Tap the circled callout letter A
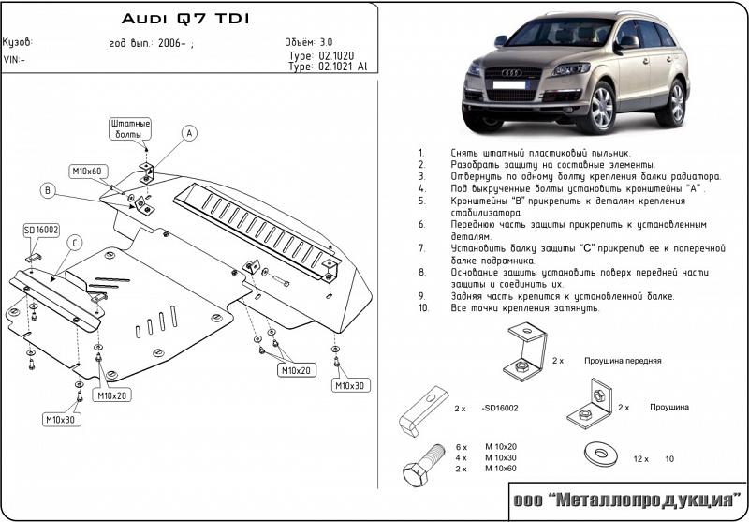coord(188,133)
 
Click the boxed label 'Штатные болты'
coord(130,128)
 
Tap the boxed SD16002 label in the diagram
coord(41,230)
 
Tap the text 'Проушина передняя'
coord(623,360)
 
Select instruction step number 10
coord(423,307)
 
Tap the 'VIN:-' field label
coord(15,60)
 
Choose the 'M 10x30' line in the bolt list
coord(501,457)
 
